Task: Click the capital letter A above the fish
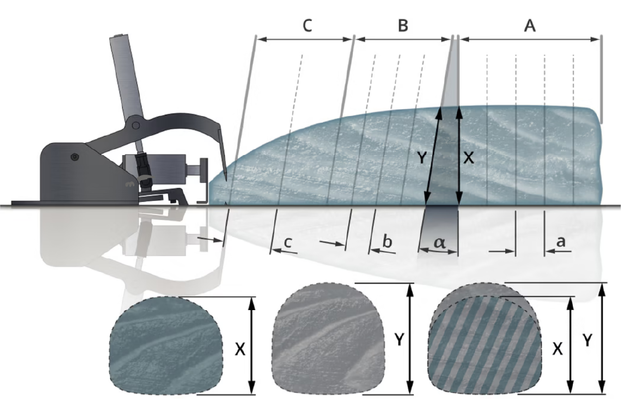[x=530, y=26]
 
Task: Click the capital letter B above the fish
[x=403, y=26]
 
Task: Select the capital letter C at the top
[x=307, y=26]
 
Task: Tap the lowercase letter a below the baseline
[x=561, y=241]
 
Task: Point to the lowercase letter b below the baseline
[x=387, y=241]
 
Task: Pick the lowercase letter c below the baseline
[x=288, y=242]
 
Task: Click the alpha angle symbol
[x=440, y=243]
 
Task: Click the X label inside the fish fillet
[x=469, y=158]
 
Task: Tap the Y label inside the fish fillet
[x=422, y=158]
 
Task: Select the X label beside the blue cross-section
[x=240, y=349]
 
